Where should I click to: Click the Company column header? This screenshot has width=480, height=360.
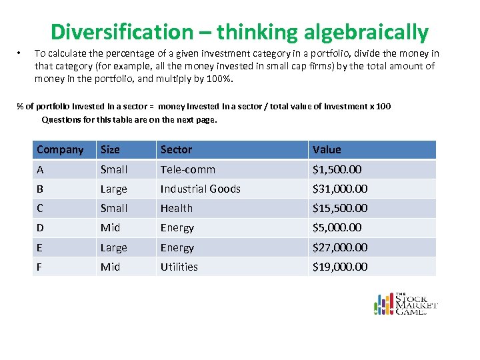pos(60,150)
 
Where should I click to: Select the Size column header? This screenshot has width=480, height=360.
pos(110,150)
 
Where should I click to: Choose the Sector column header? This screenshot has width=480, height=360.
pos(176,150)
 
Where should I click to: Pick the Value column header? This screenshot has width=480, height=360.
pos(327,150)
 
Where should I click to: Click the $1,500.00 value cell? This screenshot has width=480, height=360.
pos(337,170)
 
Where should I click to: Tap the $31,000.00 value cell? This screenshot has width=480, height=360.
pos(340,189)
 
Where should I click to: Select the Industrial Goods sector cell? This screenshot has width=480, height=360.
pos(200,189)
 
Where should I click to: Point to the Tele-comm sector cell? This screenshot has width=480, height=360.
pos(187,170)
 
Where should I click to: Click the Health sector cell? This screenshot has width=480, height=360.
pos(176,209)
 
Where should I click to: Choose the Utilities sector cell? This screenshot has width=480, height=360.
pos(179,267)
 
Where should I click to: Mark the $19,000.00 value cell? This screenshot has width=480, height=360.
pos(340,267)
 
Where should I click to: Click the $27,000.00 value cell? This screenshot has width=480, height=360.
pos(340,247)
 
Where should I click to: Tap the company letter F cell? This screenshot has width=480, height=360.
pos(40,267)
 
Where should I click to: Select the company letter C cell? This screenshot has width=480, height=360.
pos(40,209)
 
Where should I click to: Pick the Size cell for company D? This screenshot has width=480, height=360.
pos(110,228)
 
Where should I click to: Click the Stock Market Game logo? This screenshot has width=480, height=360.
pos(405,303)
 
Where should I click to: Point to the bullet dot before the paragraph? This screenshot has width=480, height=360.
pos(21,53)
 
